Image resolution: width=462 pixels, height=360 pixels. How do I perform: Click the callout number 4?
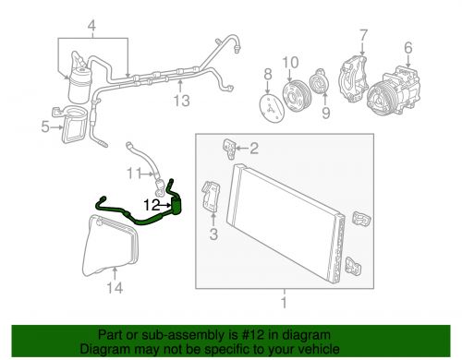coord(91,26)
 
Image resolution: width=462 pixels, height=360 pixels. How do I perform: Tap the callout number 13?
coord(181,101)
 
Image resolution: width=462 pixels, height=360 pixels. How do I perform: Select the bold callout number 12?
coord(152,205)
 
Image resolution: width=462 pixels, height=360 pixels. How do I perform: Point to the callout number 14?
coord(115,288)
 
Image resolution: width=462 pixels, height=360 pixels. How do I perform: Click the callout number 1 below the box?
coord(284,303)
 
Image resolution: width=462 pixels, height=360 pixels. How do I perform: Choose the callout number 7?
coord(363,35)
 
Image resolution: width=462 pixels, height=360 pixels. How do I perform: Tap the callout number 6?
coord(408,48)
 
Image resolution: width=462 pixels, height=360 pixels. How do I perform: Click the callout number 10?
coord(290,63)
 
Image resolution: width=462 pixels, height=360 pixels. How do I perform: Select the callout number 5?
coord(45,126)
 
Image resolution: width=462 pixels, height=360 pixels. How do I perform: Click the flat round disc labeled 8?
coord(272,109)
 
